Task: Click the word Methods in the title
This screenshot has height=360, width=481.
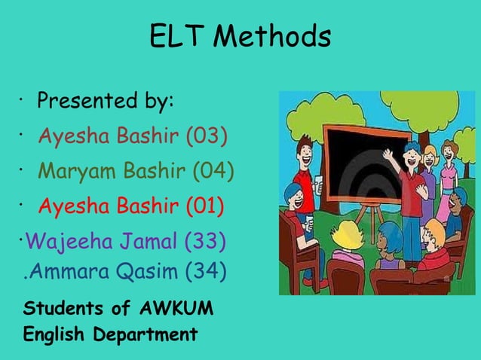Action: coord(275,36)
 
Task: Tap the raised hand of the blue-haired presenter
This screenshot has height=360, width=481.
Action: coord(388,155)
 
